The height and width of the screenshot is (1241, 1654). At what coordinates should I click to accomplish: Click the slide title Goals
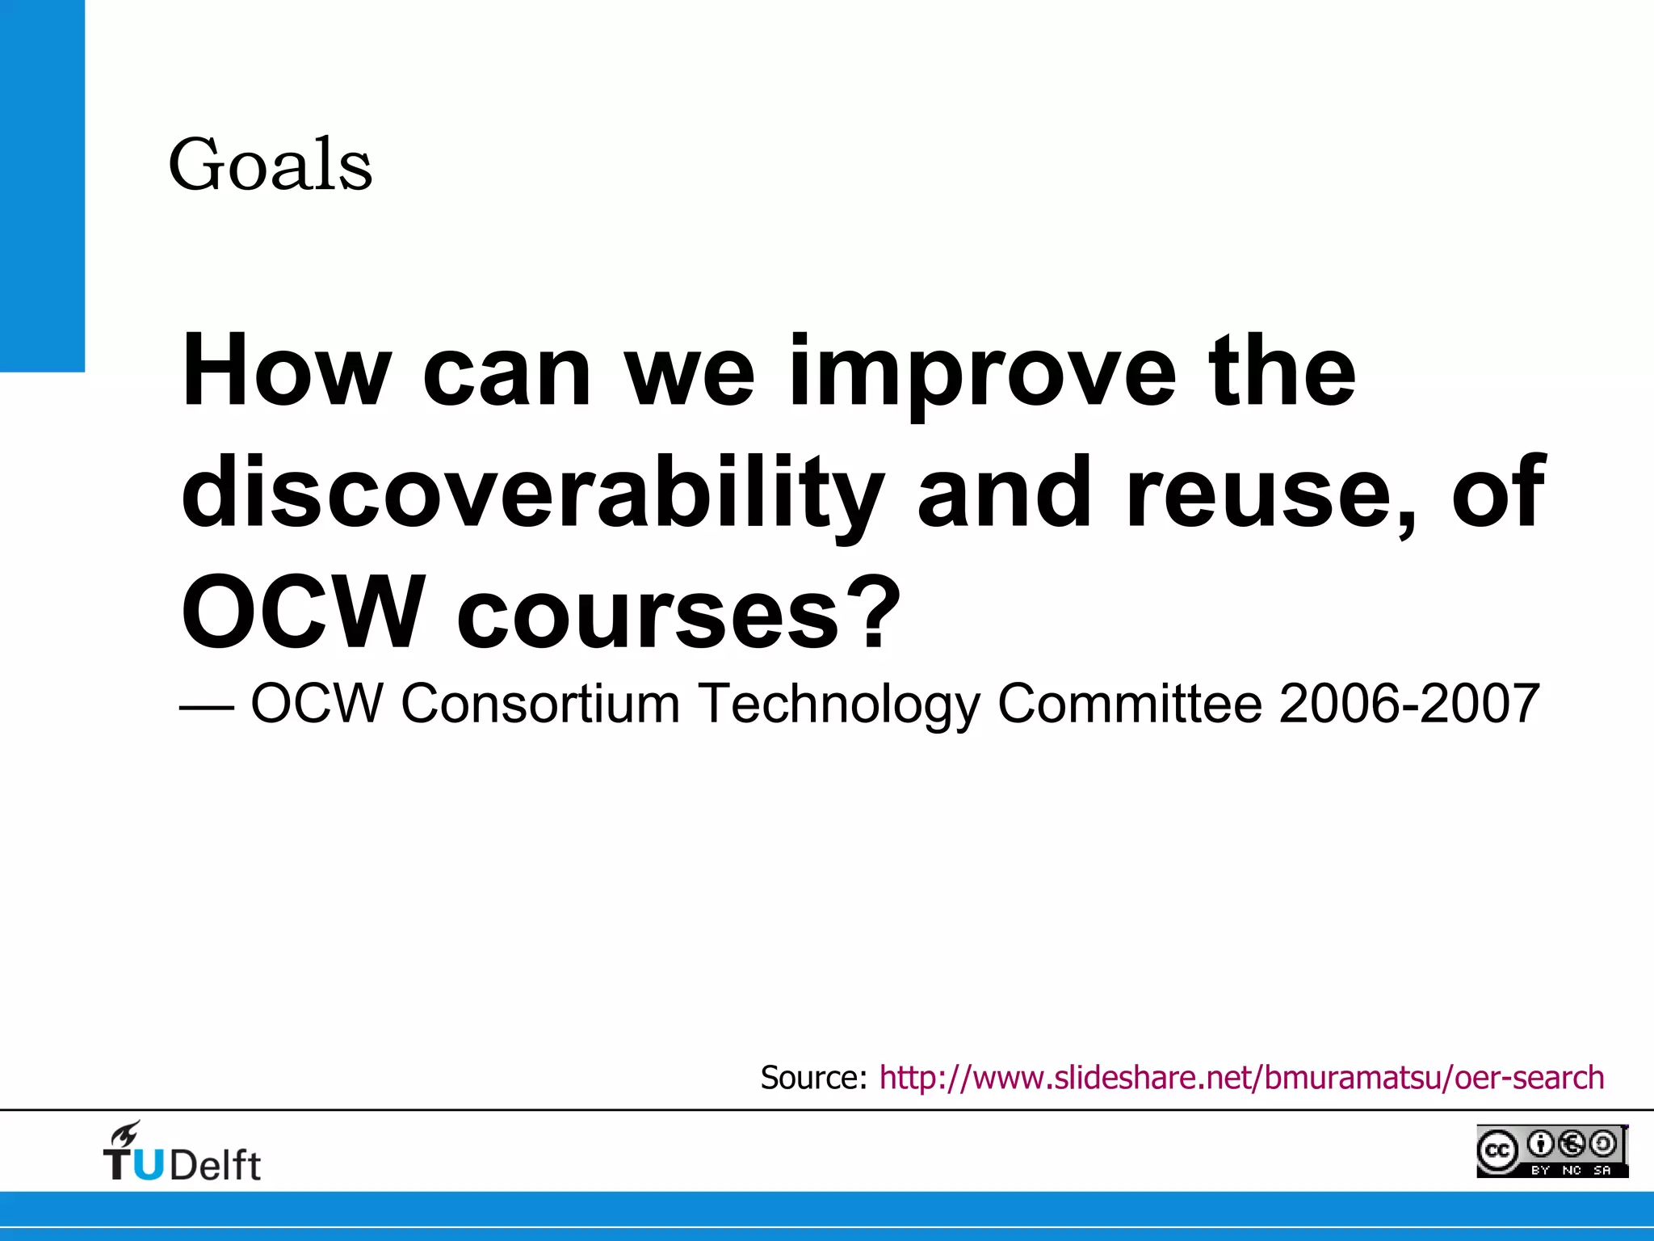click(271, 166)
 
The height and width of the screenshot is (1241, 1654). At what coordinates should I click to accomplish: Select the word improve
click(981, 376)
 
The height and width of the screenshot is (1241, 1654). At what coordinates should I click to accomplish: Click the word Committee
click(1129, 703)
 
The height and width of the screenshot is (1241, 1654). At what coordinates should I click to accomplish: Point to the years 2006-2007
click(1409, 703)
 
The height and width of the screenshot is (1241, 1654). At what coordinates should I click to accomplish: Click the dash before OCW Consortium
click(207, 706)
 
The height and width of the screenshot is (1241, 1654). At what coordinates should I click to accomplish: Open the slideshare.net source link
click(1241, 1078)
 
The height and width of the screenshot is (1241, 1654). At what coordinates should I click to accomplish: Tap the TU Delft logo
click(182, 1153)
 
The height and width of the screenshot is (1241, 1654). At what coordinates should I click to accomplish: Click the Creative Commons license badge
click(1551, 1151)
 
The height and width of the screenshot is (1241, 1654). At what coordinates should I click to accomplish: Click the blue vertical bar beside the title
click(42, 186)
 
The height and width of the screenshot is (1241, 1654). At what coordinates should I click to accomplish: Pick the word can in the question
click(507, 376)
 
